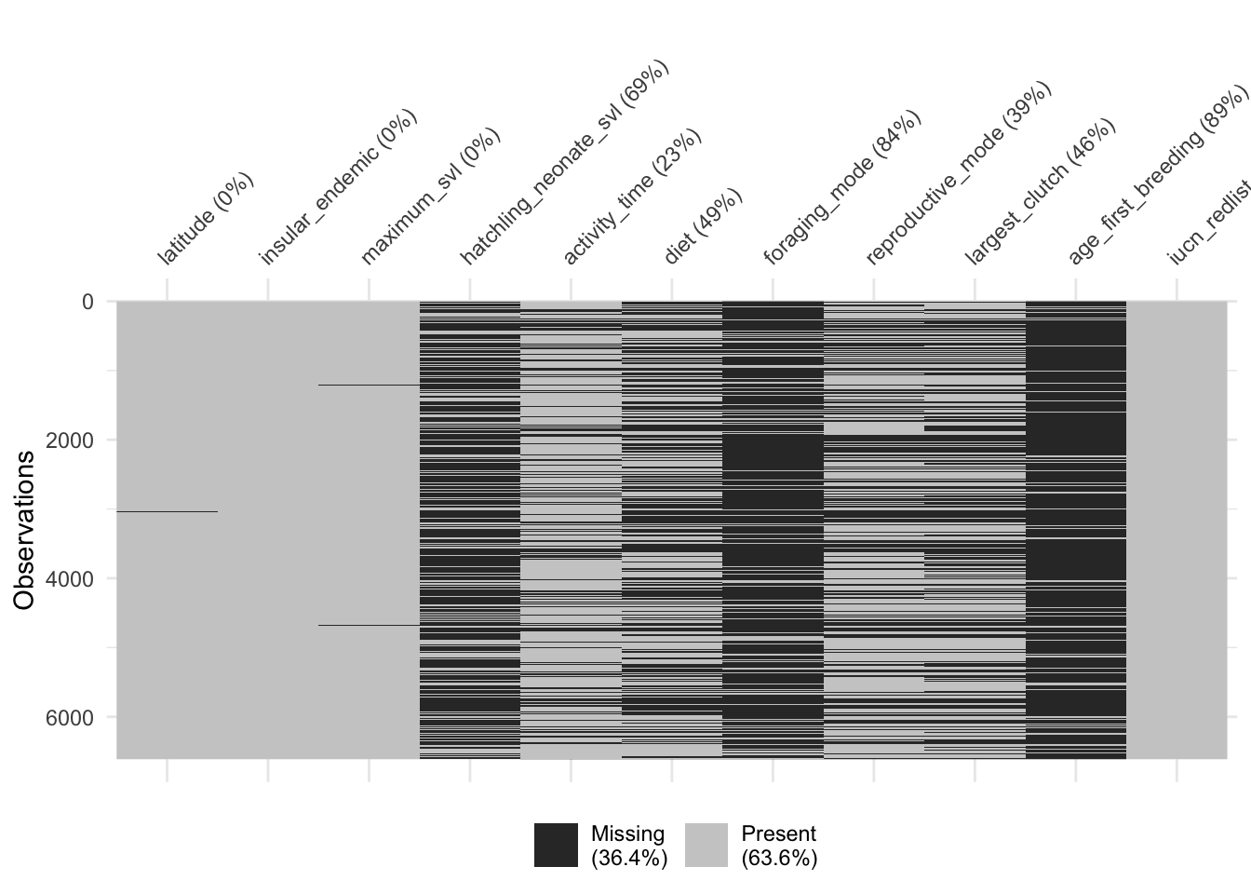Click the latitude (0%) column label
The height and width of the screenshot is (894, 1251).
coord(206,220)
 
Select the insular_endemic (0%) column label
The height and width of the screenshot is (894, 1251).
coord(338,187)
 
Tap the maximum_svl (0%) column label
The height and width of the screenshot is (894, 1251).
coord(431,196)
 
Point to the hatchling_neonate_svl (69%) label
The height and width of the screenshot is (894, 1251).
coord(565,162)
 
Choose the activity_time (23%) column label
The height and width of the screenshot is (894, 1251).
coord(632,196)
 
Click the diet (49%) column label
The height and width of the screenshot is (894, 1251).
coord(703,226)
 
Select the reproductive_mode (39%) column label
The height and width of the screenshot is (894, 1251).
coord(959,172)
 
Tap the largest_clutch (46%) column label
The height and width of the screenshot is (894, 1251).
coord(1040,192)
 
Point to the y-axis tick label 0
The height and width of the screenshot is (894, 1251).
coord(87,302)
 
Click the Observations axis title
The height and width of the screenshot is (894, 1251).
coord(25,530)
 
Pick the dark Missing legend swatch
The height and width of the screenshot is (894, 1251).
coord(556,846)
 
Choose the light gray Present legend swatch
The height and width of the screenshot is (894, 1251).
coord(706,846)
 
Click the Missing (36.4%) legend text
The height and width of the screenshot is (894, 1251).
coord(629,846)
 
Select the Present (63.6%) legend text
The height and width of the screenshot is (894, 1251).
coord(779,846)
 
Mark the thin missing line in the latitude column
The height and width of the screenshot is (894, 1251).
coord(168,511)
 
